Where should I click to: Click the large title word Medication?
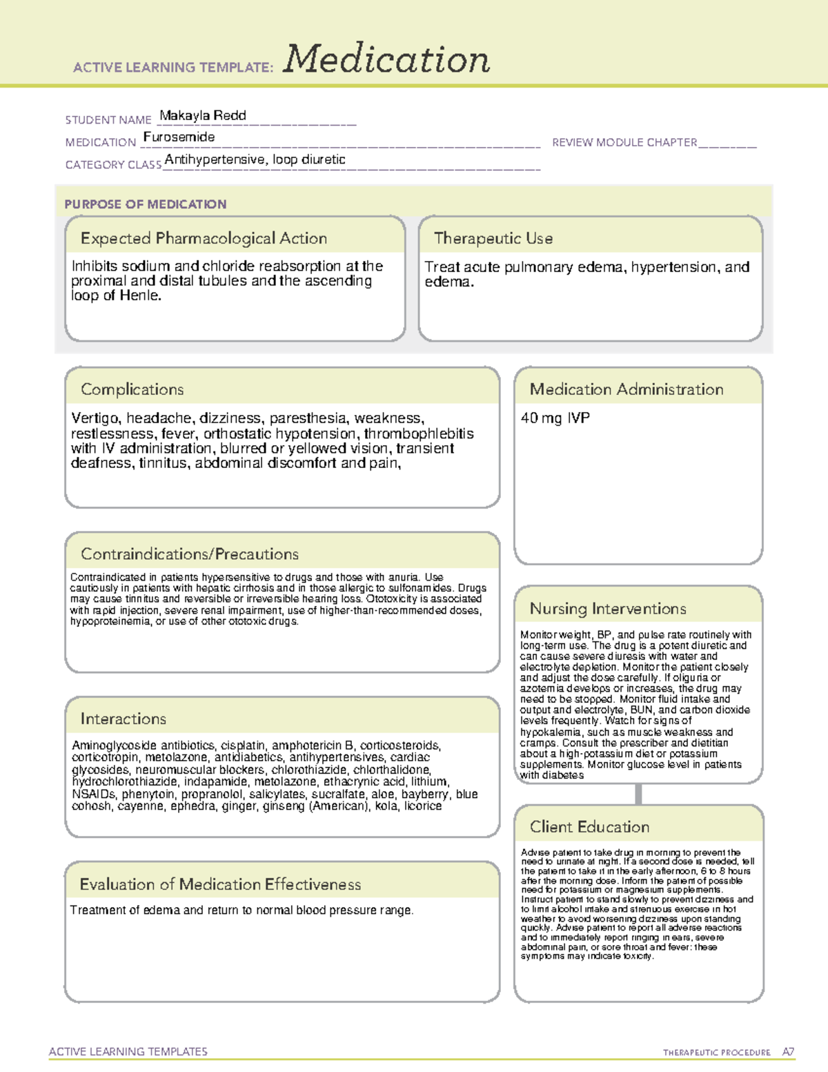click(x=386, y=59)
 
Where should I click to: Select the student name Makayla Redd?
click(x=203, y=115)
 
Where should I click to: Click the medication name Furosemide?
click(x=179, y=137)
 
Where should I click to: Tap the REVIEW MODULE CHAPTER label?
click(x=624, y=142)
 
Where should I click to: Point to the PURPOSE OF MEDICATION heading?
click(x=146, y=204)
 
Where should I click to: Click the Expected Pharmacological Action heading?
click(x=204, y=238)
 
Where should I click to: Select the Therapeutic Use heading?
click(x=493, y=238)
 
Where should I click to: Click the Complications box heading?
click(x=132, y=389)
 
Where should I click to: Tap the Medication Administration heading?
click(x=627, y=389)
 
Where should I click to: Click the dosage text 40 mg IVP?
click(x=555, y=418)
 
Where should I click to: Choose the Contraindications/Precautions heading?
click(x=190, y=554)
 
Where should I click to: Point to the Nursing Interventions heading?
click(x=608, y=609)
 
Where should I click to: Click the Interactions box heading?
click(x=124, y=719)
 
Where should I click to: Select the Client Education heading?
click(x=589, y=827)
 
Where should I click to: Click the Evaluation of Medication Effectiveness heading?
click(x=220, y=884)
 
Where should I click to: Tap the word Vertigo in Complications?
click(x=95, y=418)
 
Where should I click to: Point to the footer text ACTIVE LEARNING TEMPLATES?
click(x=128, y=1051)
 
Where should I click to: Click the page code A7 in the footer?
click(x=788, y=1052)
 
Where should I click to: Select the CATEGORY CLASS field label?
click(x=113, y=165)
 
